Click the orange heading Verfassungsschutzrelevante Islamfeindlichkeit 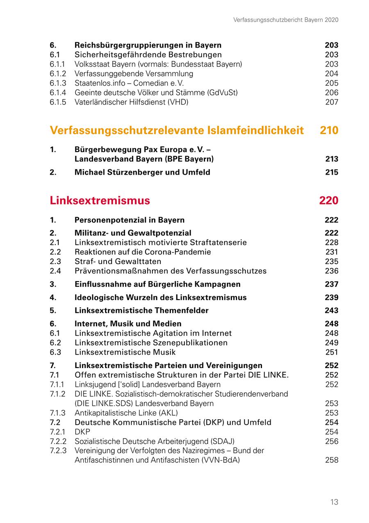(x=177, y=130)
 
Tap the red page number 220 (x=328, y=200)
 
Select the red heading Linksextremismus (x=100, y=200)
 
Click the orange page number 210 (x=329, y=130)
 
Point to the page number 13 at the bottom (x=334, y=502)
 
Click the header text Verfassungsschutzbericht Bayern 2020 (x=286, y=20)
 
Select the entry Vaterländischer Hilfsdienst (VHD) (x=131, y=102)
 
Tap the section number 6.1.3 (x=58, y=83)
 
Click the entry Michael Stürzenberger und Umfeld (x=142, y=172)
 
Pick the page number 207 (x=332, y=102)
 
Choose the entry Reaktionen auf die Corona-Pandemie (x=143, y=252)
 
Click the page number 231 (x=332, y=252)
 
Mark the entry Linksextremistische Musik (x=125, y=352)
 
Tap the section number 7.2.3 (x=58, y=451)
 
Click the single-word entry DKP (x=82, y=432)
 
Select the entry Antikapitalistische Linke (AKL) (x=126, y=413)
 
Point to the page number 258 (x=332, y=460)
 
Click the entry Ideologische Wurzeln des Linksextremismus (x=160, y=298)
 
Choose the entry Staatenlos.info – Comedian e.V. (x=129, y=83)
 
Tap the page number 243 (x=332, y=311)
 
